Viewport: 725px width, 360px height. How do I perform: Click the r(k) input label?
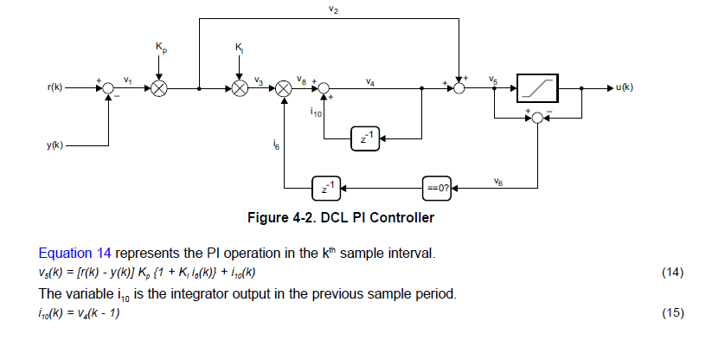pyautogui.click(x=56, y=88)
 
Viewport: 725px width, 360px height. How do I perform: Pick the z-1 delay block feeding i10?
pyautogui.click(x=365, y=138)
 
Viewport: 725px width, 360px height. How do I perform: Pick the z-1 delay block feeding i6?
pyautogui.click(x=326, y=186)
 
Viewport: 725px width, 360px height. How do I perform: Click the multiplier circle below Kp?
pyautogui.click(x=159, y=88)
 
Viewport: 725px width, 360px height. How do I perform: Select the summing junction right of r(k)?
pyautogui.click(x=108, y=88)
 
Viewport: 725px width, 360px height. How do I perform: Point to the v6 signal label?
pyautogui.click(x=498, y=180)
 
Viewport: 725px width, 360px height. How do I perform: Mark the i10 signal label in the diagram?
pyautogui.click(x=315, y=112)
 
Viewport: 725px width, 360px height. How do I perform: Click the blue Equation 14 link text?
pyautogui.click(x=75, y=254)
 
